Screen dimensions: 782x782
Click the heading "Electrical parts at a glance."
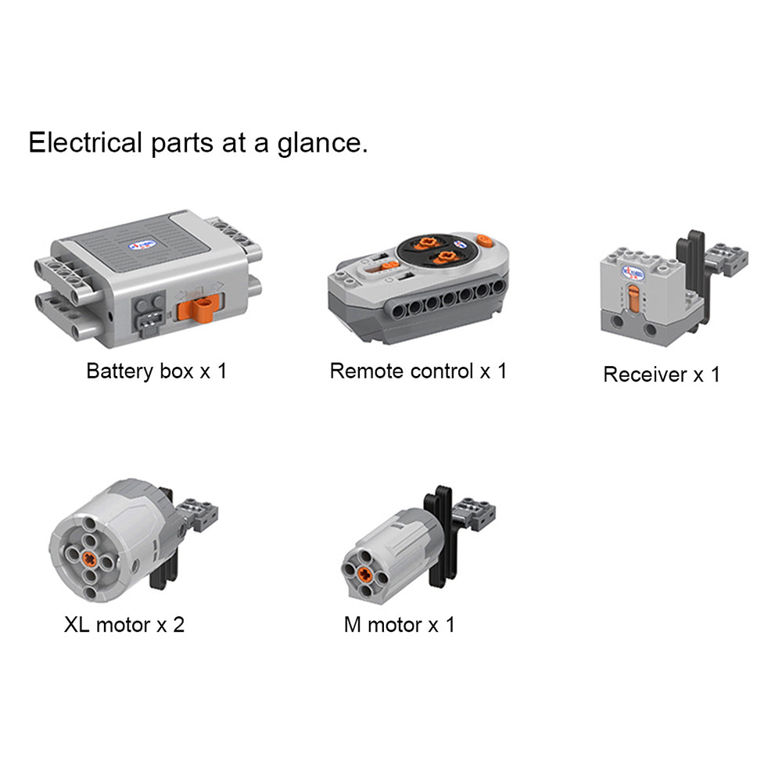pyautogui.click(x=198, y=143)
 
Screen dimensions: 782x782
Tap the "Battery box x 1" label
pyautogui.click(x=156, y=371)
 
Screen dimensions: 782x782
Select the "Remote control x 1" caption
pyautogui.click(x=418, y=371)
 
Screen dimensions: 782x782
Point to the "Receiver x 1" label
pyautogui.click(x=662, y=374)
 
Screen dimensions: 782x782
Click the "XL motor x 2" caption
pyautogui.click(x=124, y=624)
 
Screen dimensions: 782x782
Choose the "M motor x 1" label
pyautogui.click(x=399, y=624)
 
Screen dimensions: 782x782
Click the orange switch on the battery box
pyautogui.click(x=199, y=307)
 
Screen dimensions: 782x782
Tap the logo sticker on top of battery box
pyautogui.click(x=142, y=246)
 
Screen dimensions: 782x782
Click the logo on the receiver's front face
pyautogui.click(x=633, y=273)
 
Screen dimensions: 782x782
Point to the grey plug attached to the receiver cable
pyautogui.click(x=727, y=260)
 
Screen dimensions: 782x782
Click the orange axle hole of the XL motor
pyautogui.click(x=90, y=558)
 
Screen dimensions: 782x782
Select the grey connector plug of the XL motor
pyautogui.click(x=199, y=514)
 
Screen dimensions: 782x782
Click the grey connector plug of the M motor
pyautogui.click(x=475, y=513)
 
